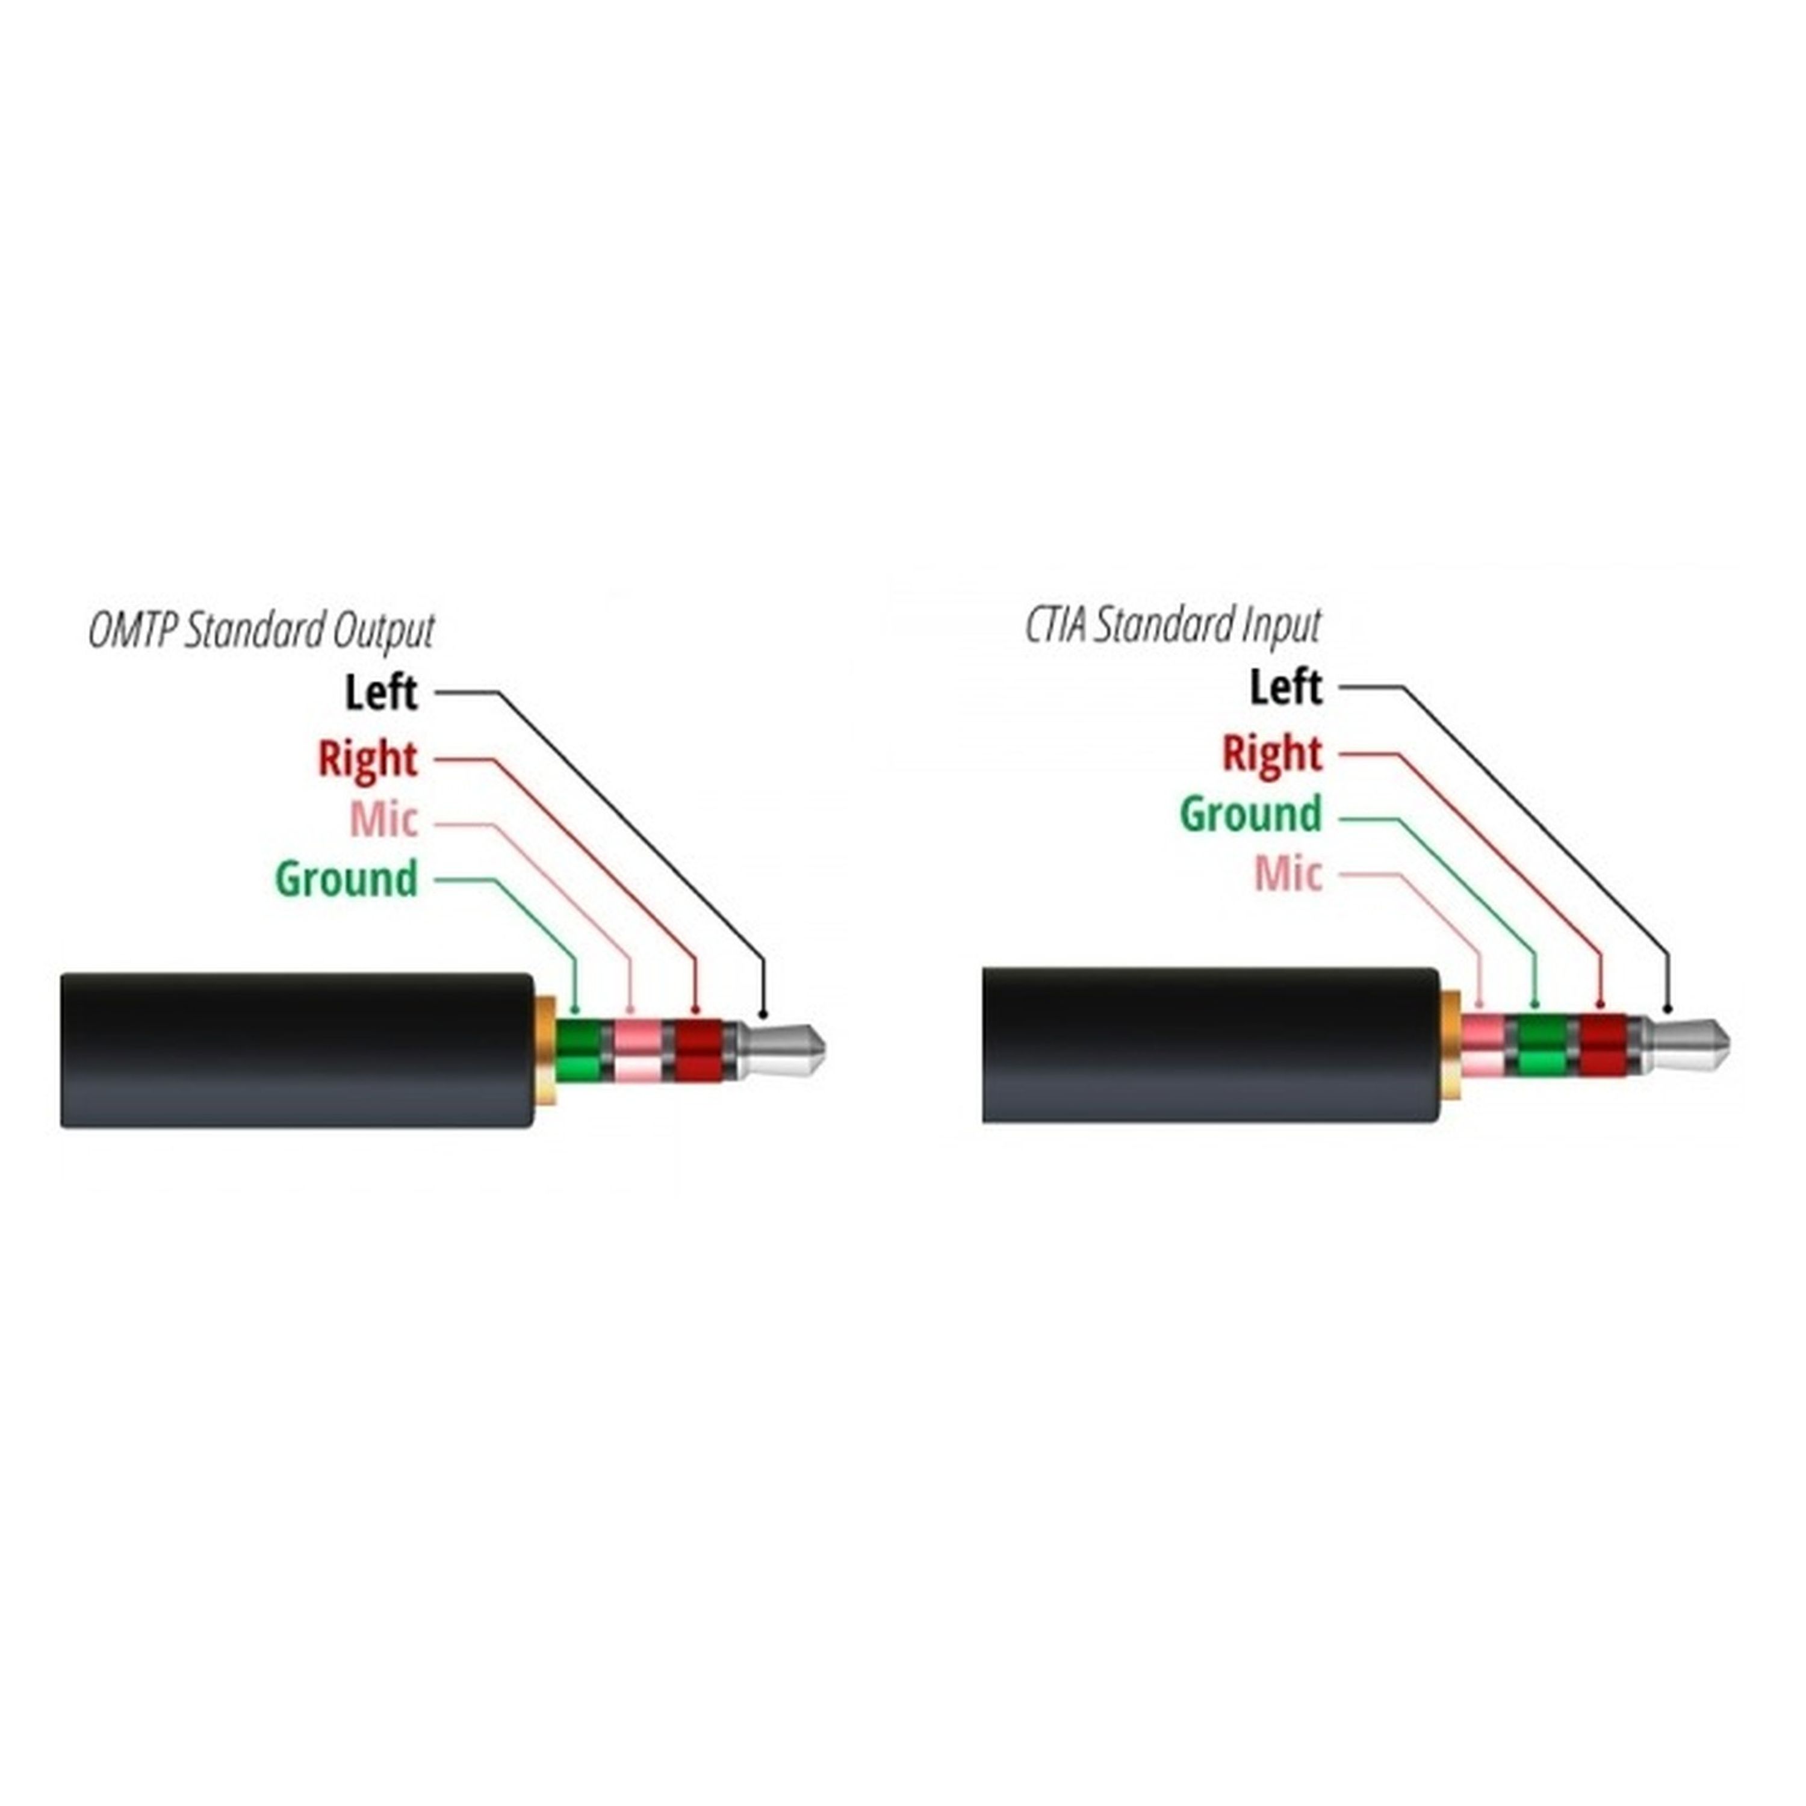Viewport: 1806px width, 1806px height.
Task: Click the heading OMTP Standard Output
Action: click(x=262, y=631)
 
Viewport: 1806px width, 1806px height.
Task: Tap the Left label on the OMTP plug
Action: click(x=380, y=693)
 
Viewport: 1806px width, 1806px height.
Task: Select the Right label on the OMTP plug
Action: click(x=367, y=759)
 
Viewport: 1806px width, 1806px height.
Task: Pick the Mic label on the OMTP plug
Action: click(x=383, y=820)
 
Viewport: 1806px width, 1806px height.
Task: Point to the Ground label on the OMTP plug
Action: click(x=346, y=880)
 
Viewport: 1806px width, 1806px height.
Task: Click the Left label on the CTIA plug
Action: click(x=1286, y=687)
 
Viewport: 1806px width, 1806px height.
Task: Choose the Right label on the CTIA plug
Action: click(x=1272, y=754)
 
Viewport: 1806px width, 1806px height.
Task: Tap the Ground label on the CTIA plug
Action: click(x=1251, y=814)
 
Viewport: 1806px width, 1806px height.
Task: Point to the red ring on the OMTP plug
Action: click(x=698, y=1050)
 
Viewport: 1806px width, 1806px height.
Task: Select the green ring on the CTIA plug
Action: click(x=1542, y=1045)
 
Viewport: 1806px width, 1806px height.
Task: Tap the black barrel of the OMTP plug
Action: click(x=297, y=1050)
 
